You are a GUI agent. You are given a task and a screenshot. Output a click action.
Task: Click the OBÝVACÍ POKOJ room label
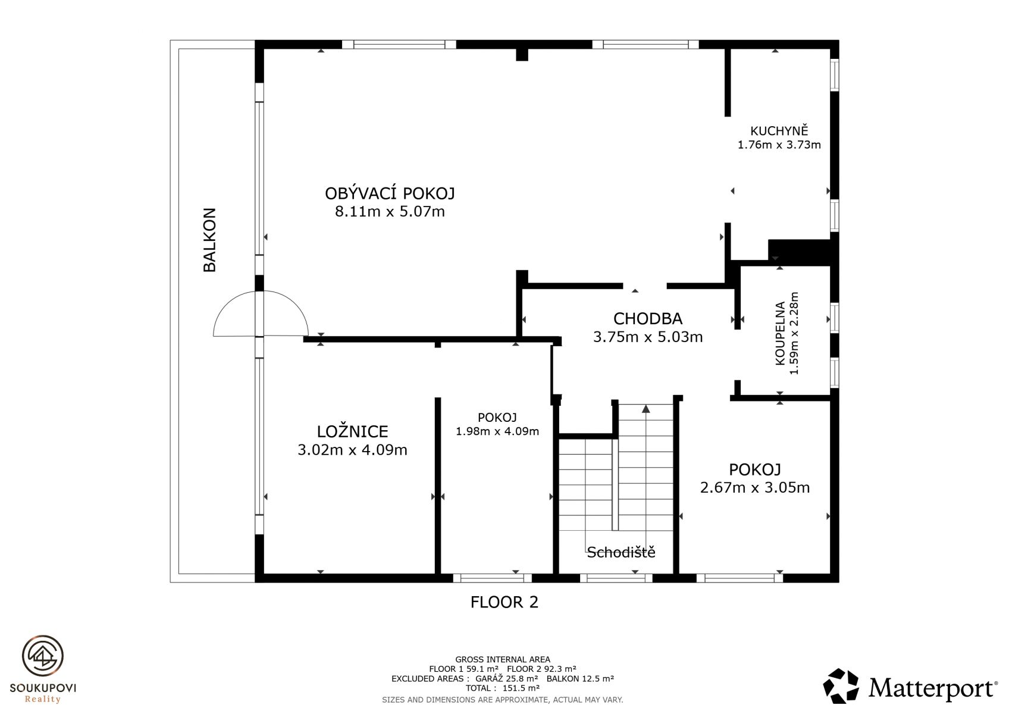point(390,193)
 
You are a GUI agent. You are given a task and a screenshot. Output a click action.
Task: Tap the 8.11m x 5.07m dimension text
point(390,211)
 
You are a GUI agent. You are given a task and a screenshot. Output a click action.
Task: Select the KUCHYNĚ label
point(779,130)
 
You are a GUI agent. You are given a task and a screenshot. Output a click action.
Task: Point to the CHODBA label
point(648,318)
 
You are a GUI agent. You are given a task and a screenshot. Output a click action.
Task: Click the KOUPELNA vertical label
point(780,333)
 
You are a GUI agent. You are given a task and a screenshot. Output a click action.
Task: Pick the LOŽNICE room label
point(352,431)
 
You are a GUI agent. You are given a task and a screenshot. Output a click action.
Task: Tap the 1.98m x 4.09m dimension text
point(497,431)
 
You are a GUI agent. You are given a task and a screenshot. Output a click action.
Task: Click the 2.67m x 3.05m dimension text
point(755,487)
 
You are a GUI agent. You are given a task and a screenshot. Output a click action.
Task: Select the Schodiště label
point(621,552)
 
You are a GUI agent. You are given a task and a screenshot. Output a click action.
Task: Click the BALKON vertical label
point(209,240)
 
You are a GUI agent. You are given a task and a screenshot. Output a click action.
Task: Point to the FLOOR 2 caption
point(504,602)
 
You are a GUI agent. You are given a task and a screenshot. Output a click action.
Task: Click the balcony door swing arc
point(261,292)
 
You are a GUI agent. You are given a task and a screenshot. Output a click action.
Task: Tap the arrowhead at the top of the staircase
point(646,409)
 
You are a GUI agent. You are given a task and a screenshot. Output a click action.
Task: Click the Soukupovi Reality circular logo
point(43,656)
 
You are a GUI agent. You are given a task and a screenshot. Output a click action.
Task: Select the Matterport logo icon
point(841,685)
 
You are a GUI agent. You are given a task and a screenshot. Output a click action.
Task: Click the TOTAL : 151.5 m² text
point(503,688)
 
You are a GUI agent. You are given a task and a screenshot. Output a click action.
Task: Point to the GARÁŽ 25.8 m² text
point(507,678)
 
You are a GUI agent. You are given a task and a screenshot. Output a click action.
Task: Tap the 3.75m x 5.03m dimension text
point(648,337)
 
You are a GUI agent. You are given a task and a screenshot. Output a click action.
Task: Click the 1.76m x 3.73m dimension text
point(779,145)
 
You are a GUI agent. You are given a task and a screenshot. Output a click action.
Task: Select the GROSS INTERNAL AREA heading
point(503,659)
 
